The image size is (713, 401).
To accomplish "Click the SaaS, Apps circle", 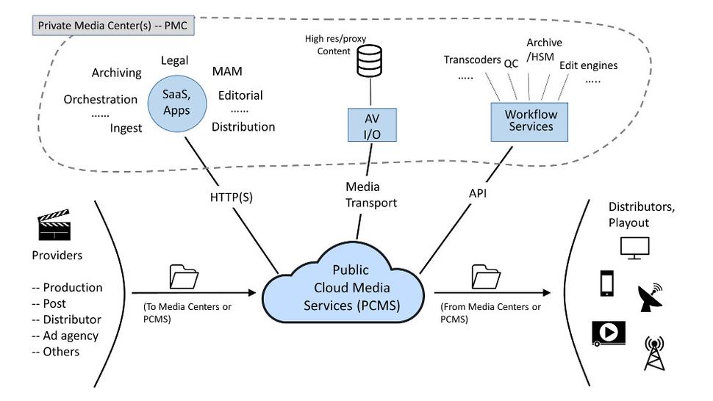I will coord(176,104).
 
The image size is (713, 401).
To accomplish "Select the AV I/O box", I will coord(372,126).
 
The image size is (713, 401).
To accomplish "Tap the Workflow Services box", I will coord(529,121).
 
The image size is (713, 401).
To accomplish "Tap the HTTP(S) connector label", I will coord(231,196).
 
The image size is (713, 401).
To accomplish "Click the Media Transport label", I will coord(371,195).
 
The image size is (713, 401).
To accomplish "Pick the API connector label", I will coord(478,194).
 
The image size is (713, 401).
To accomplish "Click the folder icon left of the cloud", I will coord(184,277).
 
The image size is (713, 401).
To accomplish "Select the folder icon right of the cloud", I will coord(485,277).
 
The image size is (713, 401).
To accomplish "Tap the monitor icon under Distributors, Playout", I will coord(634,248).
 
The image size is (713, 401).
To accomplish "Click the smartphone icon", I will coord(607,284).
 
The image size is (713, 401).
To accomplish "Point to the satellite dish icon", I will coord(651,297).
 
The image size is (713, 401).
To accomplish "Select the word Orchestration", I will coord(101,99).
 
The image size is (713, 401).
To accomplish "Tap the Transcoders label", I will coord(472,60).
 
